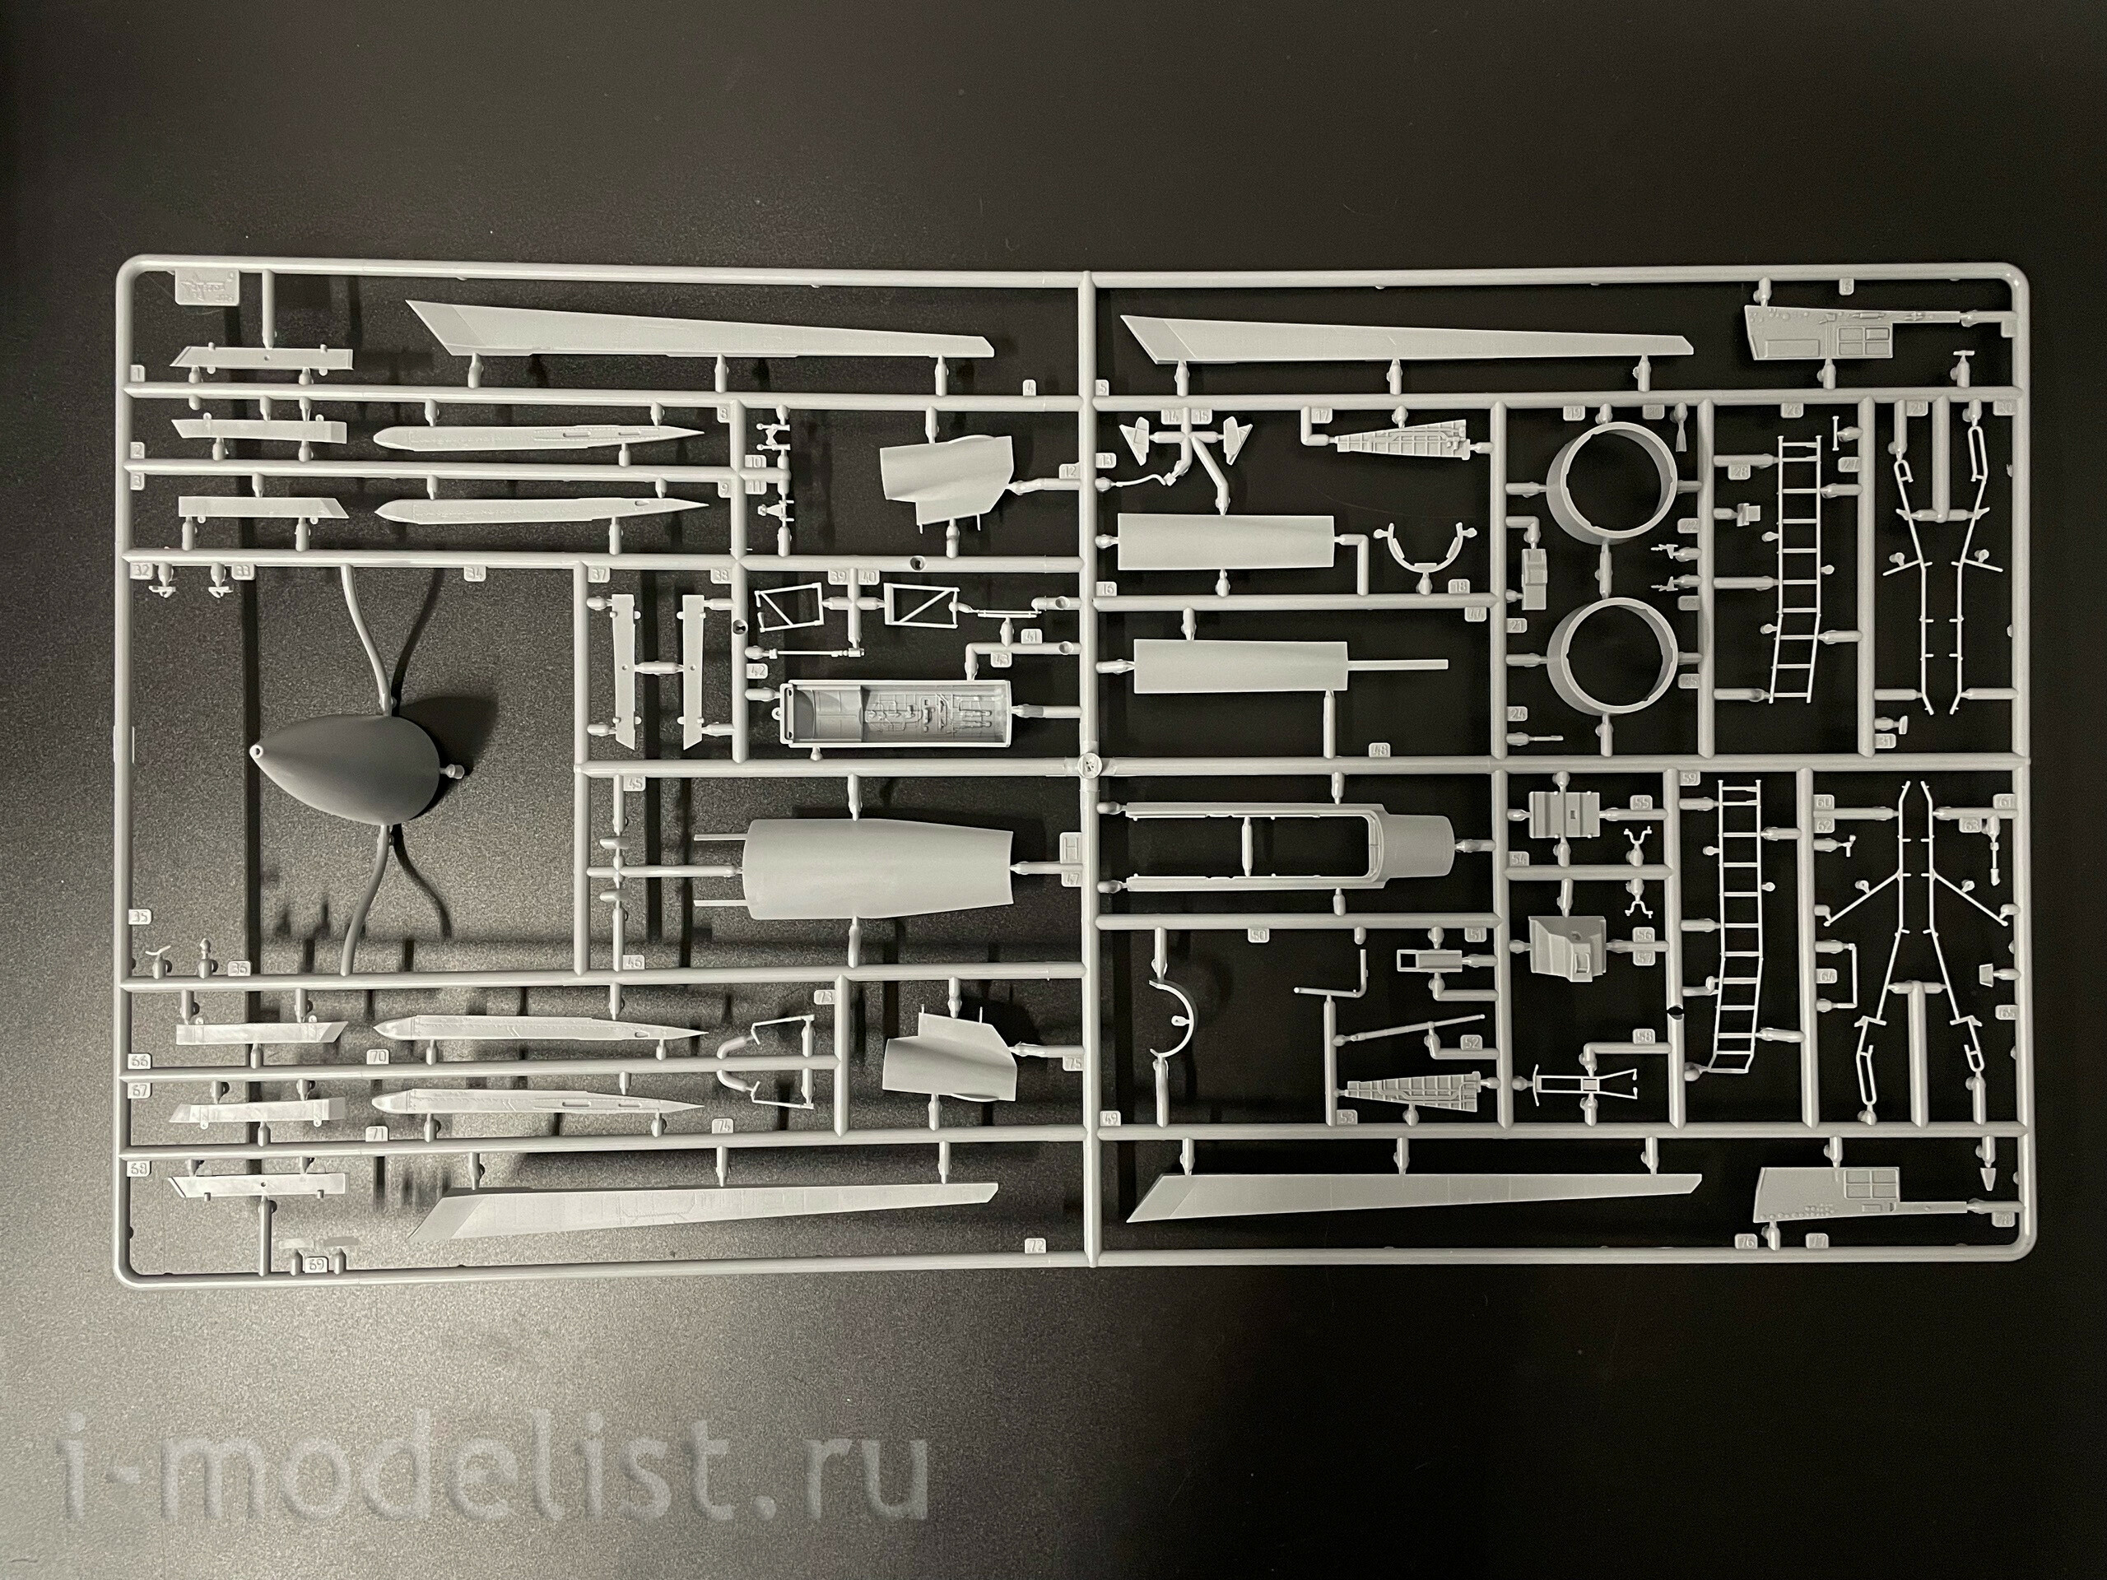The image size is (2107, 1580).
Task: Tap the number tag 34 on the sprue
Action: (x=474, y=574)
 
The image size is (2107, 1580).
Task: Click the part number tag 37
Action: (x=598, y=574)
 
